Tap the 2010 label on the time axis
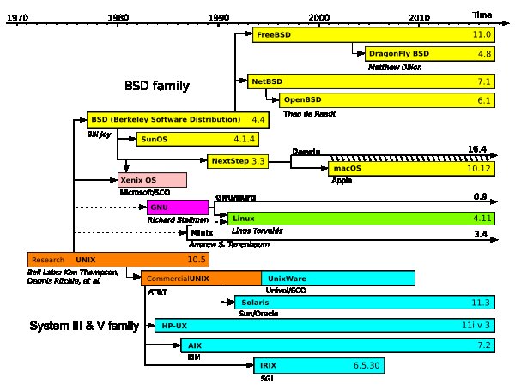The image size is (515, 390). pyautogui.click(x=420, y=17)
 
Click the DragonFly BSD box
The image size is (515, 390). pyautogui.click(x=429, y=53)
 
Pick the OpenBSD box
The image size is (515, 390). pyautogui.click(x=386, y=100)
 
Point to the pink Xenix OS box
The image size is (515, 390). pyautogui.click(x=152, y=180)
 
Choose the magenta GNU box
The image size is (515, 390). pyautogui.click(x=178, y=207)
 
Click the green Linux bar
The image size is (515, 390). pyautogui.click(x=360, y=219)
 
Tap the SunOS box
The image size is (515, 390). pyautogui.click(x=197, y=139)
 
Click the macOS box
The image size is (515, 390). pyautogui.click(x=412, y=169)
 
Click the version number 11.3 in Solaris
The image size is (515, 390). pyautogui.click(x=481, y=303)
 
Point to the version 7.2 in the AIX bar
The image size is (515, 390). pyautogui.click(x=483, y=345)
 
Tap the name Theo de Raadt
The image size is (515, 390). pyautogui.click(x=308, y=113)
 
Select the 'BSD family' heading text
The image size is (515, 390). pyautogui.click(x=157, y=87)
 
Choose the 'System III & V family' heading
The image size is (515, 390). pyautogui.click(x=84, y=327)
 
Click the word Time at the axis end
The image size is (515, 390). pyautogui.click(x=482, y=15)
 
